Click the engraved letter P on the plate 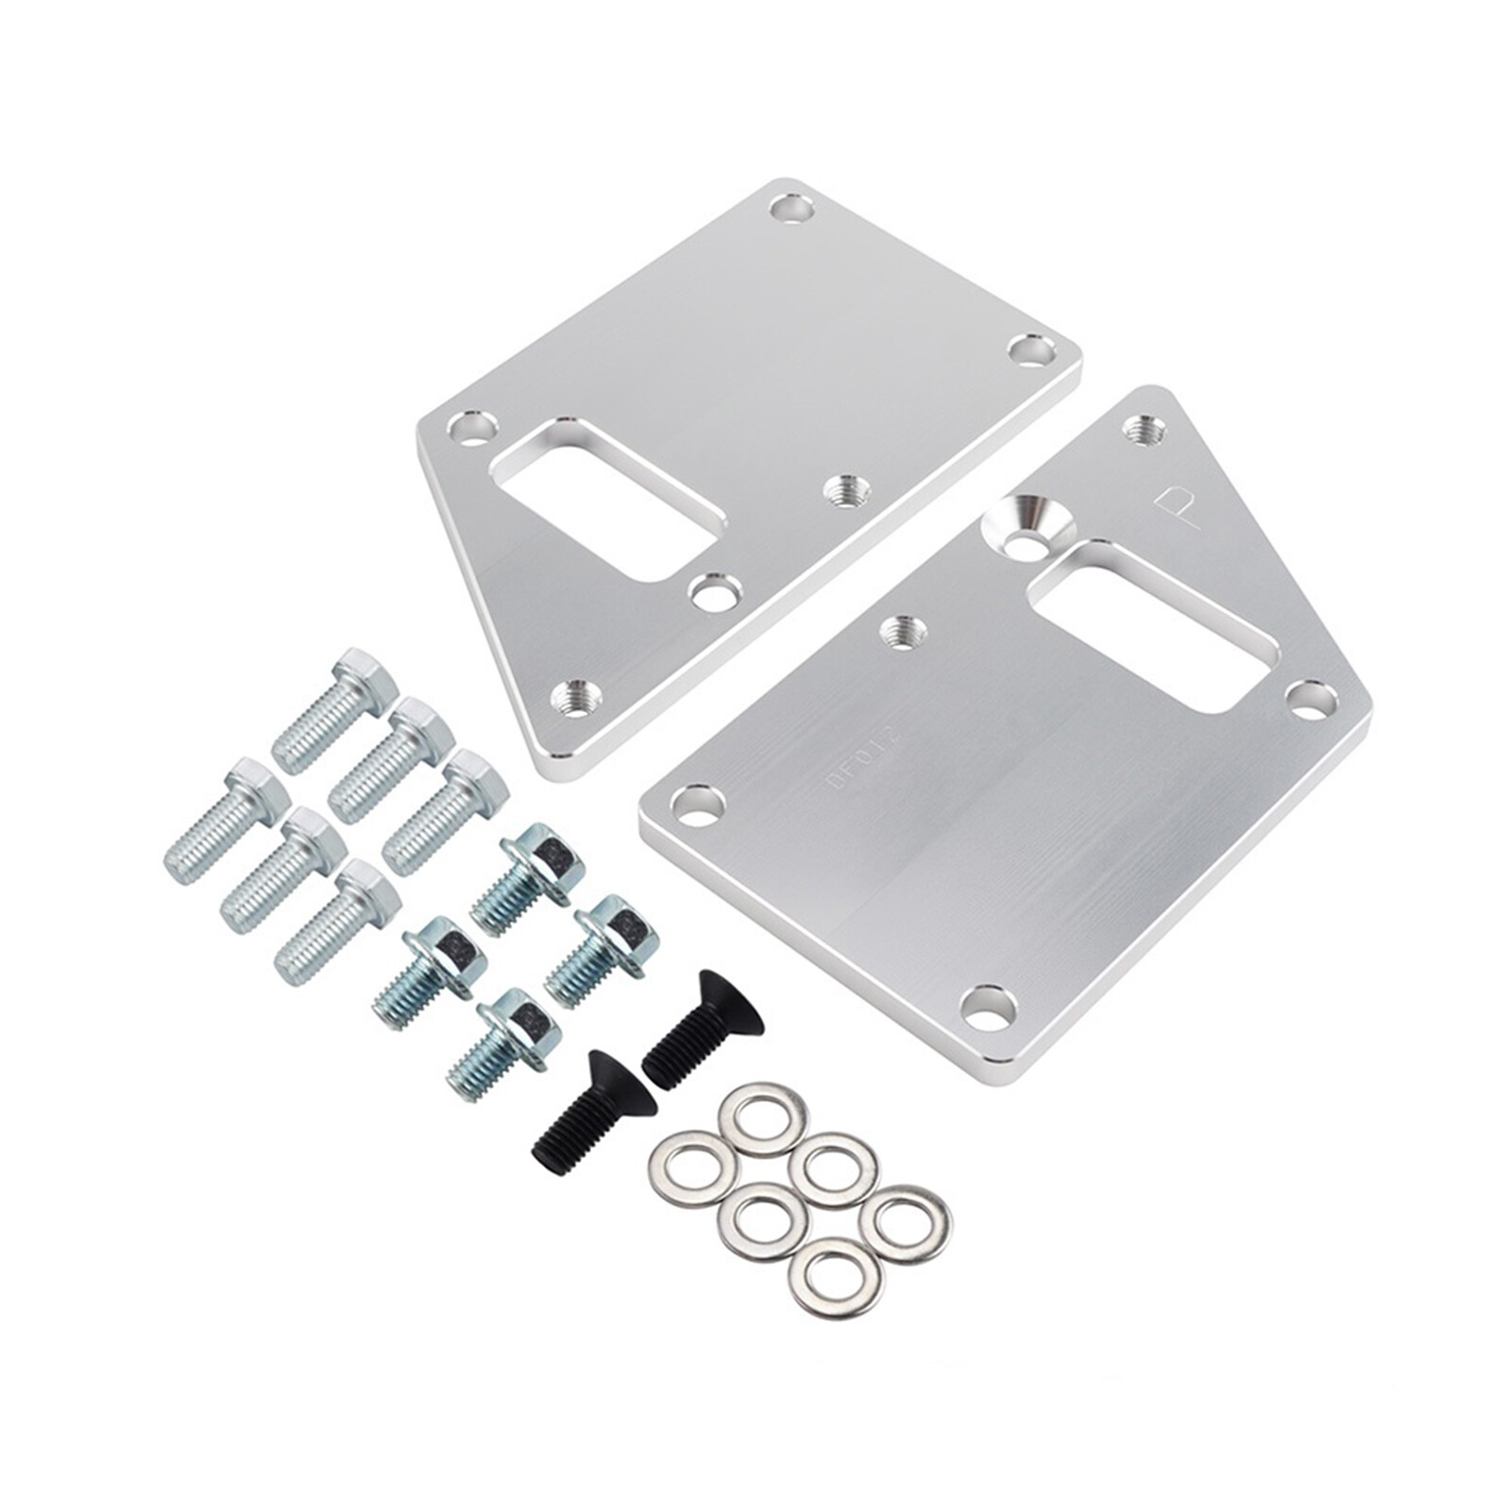(1175, 507)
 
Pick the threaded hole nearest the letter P (1144, 430)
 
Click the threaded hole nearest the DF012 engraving (902, 630)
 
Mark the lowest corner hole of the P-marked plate (988, 1007)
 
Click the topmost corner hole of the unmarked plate (791, 207)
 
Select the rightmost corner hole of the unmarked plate (1032, 350)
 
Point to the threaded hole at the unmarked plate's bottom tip (576, 699)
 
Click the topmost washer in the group (763, 1119)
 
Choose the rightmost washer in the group (906, 1224)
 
